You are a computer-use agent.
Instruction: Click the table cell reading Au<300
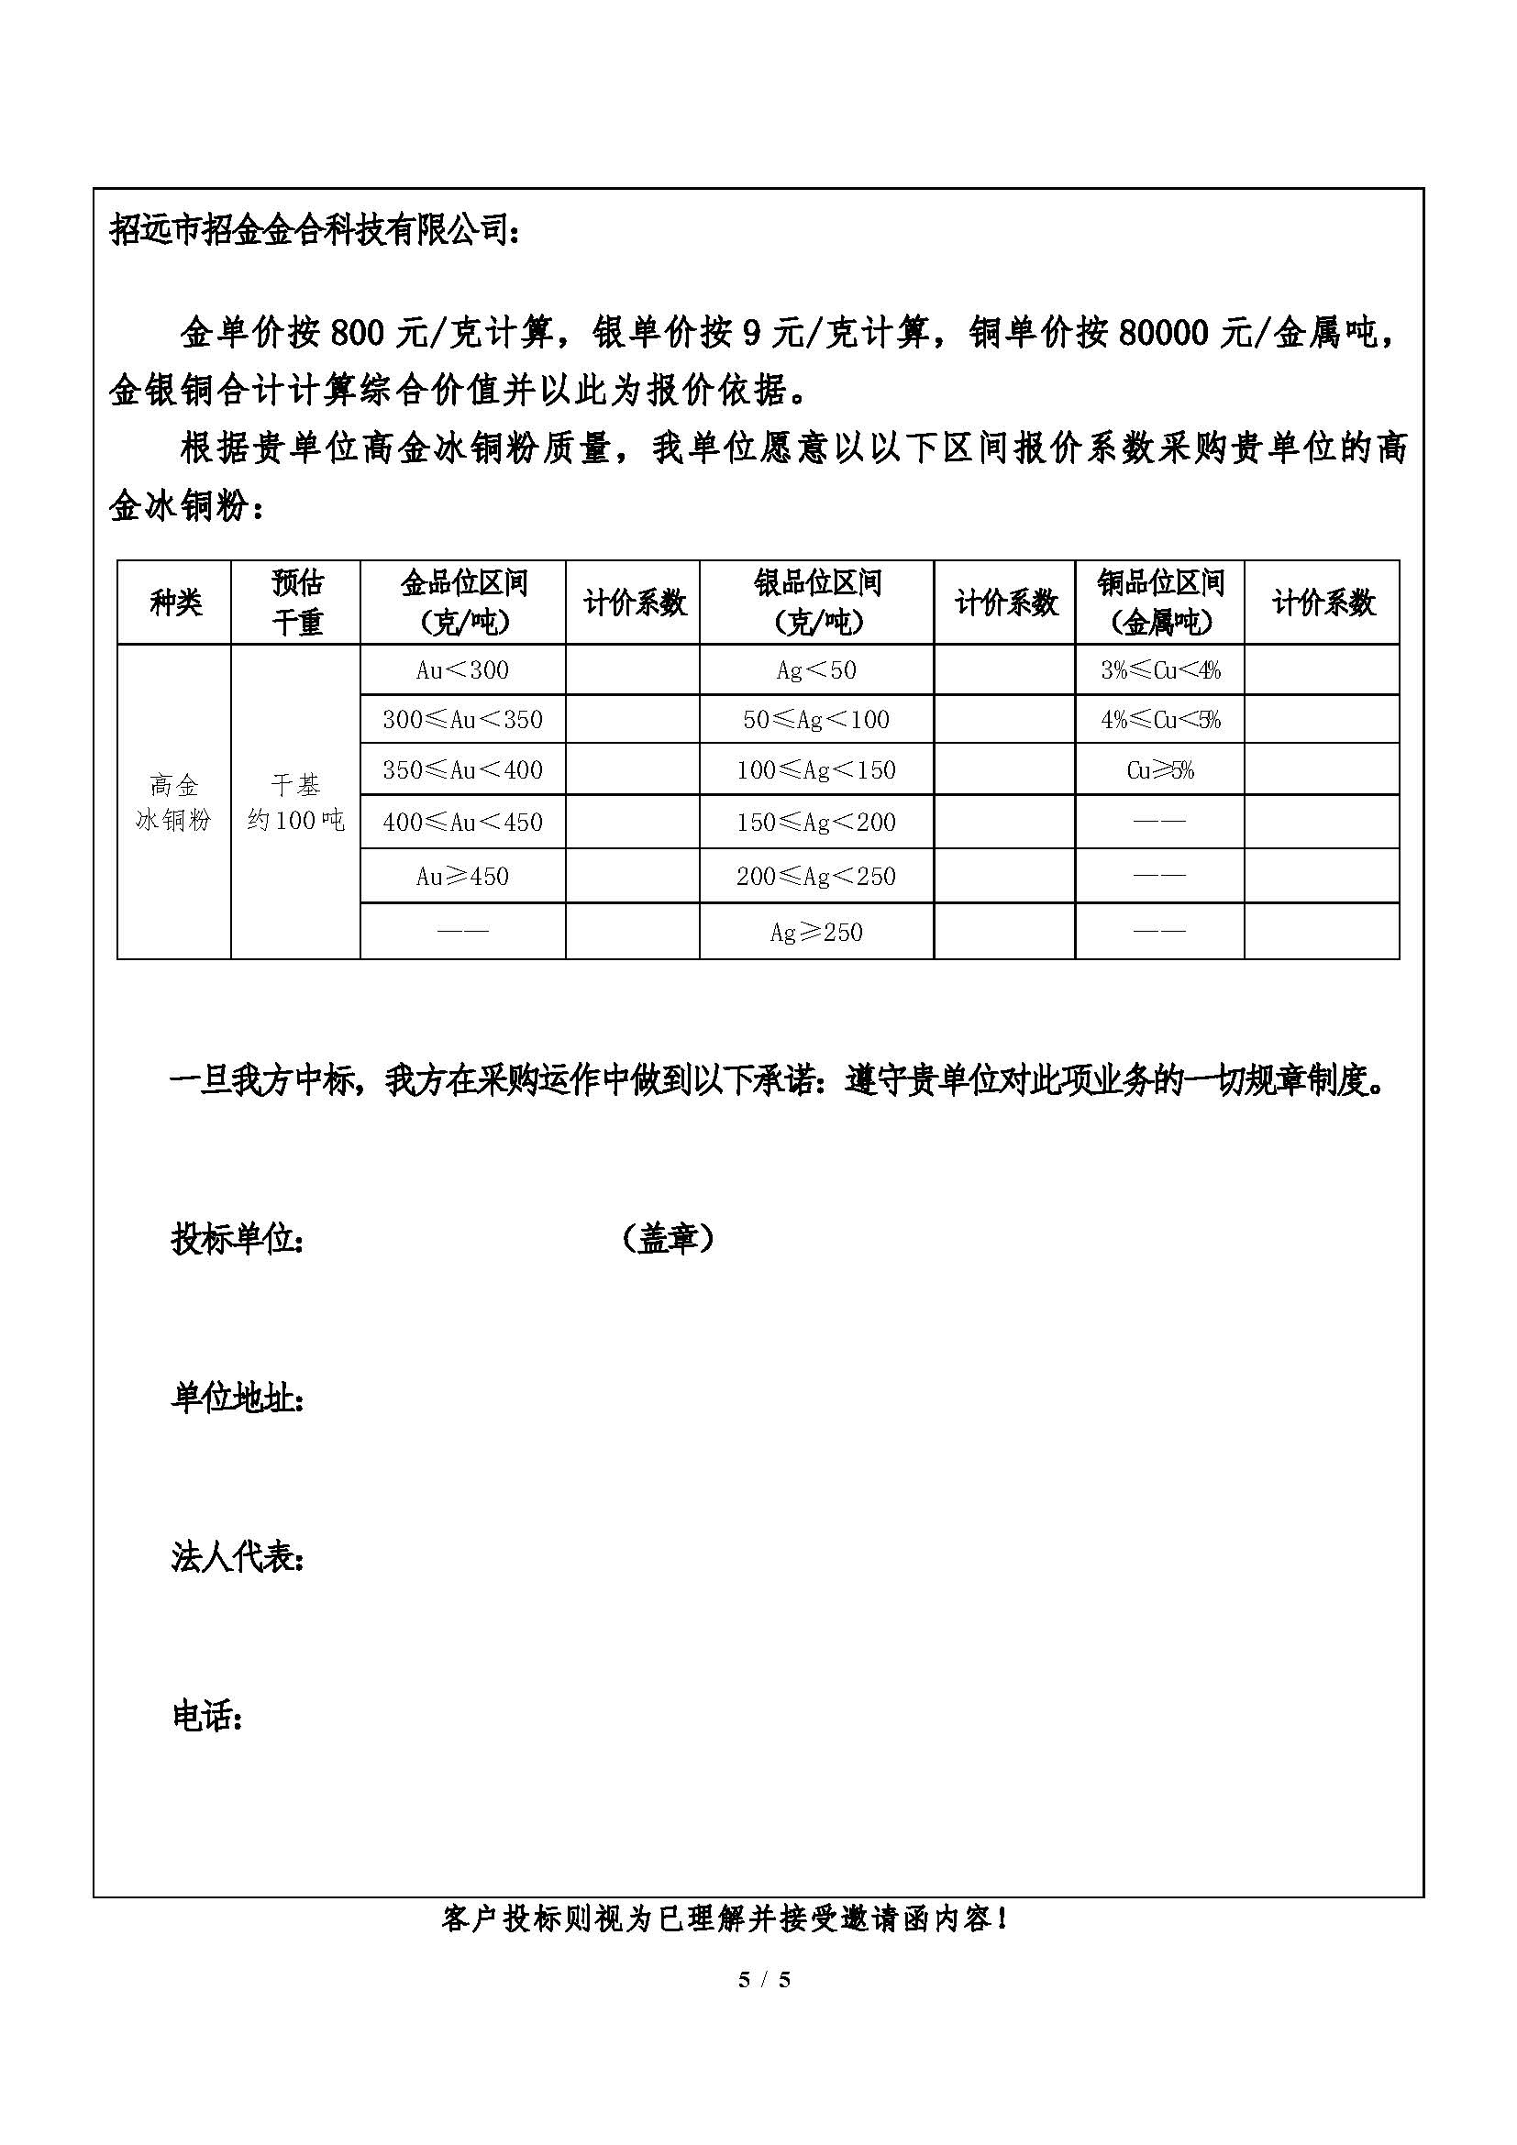pyautogui.click(x=462, y=669)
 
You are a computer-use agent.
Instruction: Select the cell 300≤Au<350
pyautogui.click(x=462, y=719)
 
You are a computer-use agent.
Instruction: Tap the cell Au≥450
pyautogui.click(x=462, y=877)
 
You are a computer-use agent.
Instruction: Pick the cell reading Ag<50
pyautogui.click(x=815, y=669)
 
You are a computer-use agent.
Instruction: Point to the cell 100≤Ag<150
pyautogui.click(x=815, y=769)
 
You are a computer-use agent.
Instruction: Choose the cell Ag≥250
pyautogui.click(x=815, y=932)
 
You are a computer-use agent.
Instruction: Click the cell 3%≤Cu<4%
pyautogui.click(x=1160, y=669)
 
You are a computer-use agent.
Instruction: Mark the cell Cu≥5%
pyautogui.click(x=1160, y=769)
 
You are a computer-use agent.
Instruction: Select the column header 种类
pyautogui.click(x=174, y=603)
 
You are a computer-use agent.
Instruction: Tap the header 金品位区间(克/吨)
pyautogui.click(x=463, y=603)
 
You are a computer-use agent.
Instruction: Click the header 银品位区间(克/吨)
pyautogui.click(x=817, y=603)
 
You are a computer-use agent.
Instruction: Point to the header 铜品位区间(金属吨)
pyautogui.click(x=1160, y=603)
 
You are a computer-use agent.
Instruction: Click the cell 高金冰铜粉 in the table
pyautogui.click(x=173, y=802)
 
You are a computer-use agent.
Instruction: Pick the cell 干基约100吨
pyautogui.click(x=295, y=802)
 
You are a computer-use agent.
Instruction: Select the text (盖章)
pyautogui.click(x=668, y=1239)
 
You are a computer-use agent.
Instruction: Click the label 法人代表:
pyautogui.click(x=238, y=1557)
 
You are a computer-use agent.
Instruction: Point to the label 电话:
pyautogui.click(x=207, y=1716)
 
